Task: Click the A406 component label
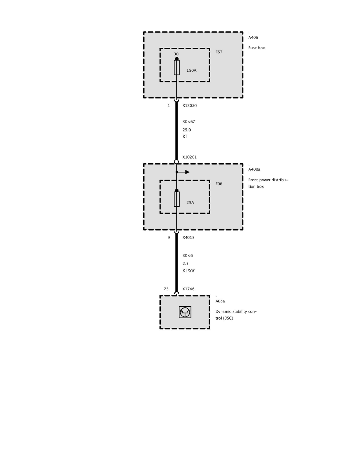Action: click(x=253, y=38)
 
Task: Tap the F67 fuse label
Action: click(x=219, y=52)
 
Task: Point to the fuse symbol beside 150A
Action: click(x=177, y=67)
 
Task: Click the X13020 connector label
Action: click(x=189, y=106)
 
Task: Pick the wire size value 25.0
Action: click(x=187, y=129)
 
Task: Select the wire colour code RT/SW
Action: click(x=188, y=271)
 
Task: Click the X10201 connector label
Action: click(x=189, y=157)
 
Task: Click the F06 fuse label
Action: click(x=219, y=184)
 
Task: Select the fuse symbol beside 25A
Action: click(x=177, y=199)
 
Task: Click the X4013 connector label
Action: click(x=188, y=237)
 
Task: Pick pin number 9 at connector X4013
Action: click(x=169, y=237)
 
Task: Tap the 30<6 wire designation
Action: click(x=187, y=256)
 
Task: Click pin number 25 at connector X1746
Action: click(x=166, y=289)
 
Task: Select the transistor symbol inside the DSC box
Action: click(x=185, y=312)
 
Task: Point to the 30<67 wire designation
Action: click(x=189, y=122)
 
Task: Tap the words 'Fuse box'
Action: click(x=256, y=48)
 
